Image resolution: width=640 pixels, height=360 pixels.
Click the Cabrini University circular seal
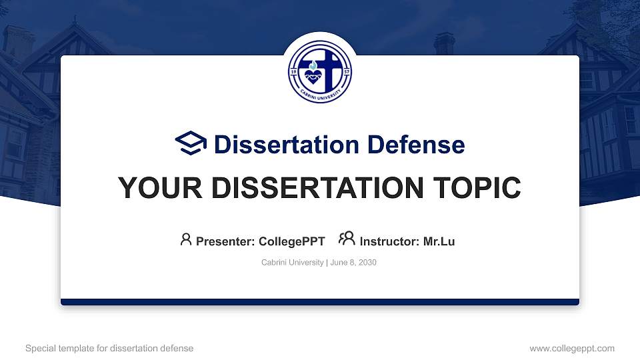pyautogui.click(x=320, y=71)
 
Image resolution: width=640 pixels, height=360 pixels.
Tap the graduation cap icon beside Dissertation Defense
pyautogui.click(x=191, y=143)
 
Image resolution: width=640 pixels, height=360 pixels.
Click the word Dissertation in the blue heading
pyautogui.click(x=287, y=145)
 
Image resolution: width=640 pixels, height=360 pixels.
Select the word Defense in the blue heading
pyautogui.click(x=416, y=145)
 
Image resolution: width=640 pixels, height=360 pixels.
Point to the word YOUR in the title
pyautogui.click(x=160, y=188)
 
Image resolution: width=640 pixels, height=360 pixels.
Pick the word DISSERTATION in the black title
pyautogui.click(x=317, y=188)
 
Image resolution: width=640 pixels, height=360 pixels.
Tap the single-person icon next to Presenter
pyautogui.click(x=186, y=239)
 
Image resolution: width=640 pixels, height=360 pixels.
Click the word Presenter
pyautogui.click(x=225, y=241)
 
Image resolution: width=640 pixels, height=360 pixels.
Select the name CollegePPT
pyautogui.click(x=292, y=241)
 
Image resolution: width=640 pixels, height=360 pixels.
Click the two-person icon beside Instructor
pyautogui.click(x=347, y=239)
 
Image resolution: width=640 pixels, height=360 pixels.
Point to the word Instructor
pyautogui.click(x=389, y=241)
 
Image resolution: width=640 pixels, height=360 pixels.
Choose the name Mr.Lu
pyautogui.click(x=439, y=241)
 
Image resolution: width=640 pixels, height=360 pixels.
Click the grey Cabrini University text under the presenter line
pyautogui.click(x=292, y=263)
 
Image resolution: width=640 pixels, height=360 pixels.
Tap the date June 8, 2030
pyautogui.click(x=353, y=263)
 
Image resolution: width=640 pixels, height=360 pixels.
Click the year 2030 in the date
pyautogui.click(x=367, y=263)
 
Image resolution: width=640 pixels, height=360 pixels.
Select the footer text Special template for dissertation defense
pyautogui.click(x=109, y=349)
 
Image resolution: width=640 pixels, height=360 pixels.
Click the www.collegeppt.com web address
pyautogui.click(x=572, y=349)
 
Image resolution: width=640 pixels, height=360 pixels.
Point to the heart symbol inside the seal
pyautogui.click(x=313, y=76)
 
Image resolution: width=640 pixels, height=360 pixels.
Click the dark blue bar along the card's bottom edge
pyautogui.click(x=320, y=302)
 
